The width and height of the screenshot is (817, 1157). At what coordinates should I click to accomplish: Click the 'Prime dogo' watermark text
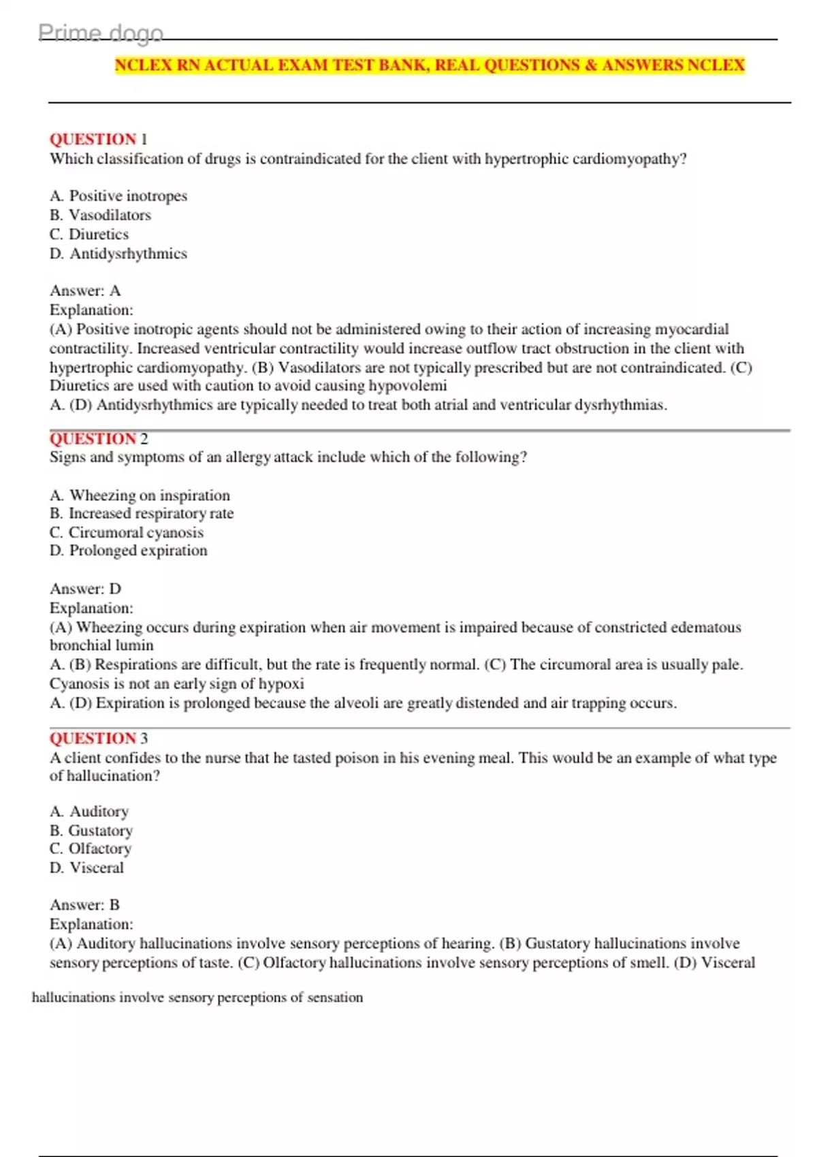coord(101,33)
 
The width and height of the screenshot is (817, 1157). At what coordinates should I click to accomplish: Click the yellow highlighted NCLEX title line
coord(430,65)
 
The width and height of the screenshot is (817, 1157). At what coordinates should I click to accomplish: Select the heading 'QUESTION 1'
coord(98,139)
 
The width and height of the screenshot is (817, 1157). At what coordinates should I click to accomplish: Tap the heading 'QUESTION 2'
coord(98,439)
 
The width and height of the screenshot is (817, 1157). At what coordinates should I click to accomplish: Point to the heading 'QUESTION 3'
coord(98,738)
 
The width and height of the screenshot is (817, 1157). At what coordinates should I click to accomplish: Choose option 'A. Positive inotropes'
coord(118,196)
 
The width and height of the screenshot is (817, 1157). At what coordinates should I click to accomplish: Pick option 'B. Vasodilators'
coord(101,215)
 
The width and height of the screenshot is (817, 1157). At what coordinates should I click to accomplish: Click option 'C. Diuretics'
coord(89,234)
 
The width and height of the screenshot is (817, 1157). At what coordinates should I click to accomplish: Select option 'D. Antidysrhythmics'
coord(118,254)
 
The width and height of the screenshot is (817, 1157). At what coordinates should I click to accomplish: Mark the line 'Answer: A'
coord(85,291)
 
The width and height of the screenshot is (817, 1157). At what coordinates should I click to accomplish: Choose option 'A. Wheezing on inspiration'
coord(140,495)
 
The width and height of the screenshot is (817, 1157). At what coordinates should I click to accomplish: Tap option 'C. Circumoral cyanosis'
coord(127,532)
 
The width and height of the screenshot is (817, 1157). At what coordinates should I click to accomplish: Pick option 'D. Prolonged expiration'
coord(129,551)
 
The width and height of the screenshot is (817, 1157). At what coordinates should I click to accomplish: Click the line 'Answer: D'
coord(85,589)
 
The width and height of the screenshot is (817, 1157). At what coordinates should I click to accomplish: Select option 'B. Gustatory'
coord(91,830)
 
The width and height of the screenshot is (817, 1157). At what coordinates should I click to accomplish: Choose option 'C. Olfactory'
coord(91,849)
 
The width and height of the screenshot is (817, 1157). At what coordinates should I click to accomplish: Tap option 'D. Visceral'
coord(87,868)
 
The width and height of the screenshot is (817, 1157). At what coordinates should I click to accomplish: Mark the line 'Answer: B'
coord(84,905)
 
